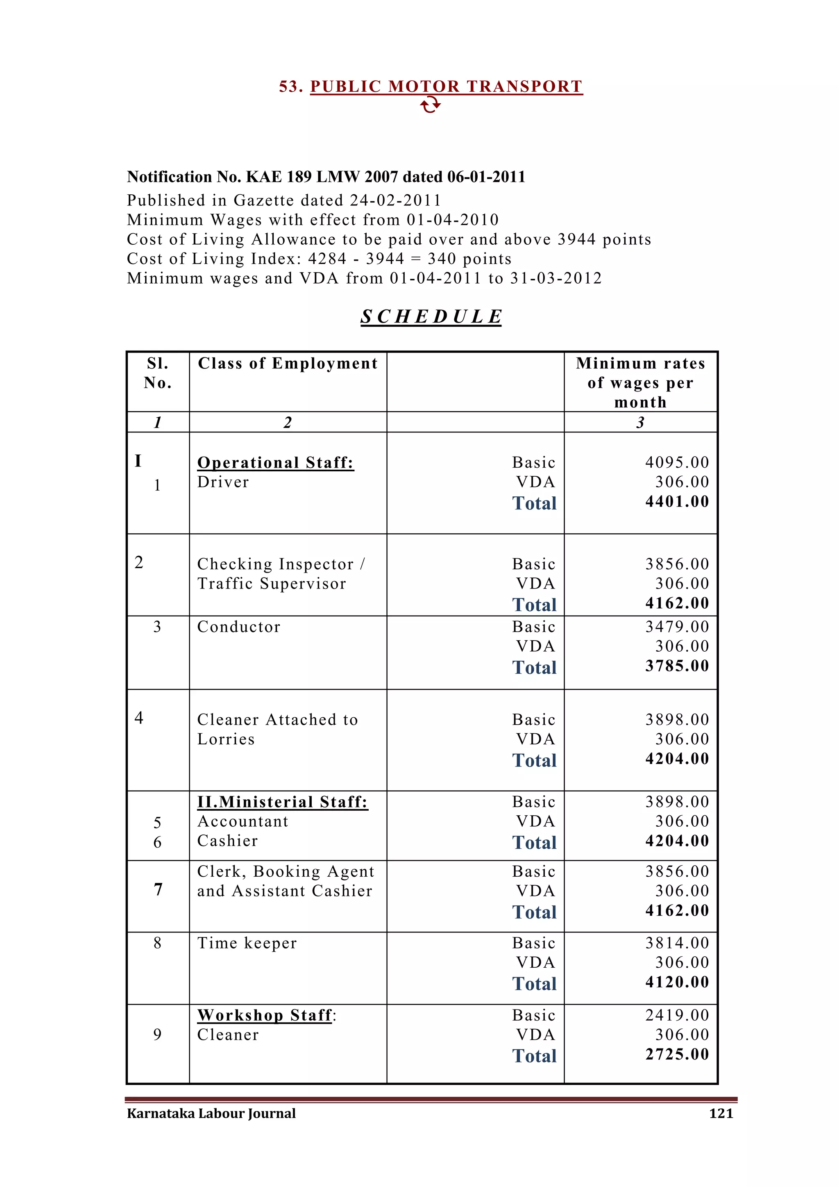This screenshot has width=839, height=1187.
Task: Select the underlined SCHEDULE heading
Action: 431,316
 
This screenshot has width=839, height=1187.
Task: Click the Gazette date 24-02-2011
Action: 395,200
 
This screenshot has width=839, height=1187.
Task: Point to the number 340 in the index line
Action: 442,259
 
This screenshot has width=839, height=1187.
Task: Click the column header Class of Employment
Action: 288,364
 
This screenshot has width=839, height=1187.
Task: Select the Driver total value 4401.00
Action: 677,501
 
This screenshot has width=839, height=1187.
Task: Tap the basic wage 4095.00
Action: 677,462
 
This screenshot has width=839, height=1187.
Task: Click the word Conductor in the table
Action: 239,627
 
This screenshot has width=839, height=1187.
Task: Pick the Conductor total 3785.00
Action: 677,666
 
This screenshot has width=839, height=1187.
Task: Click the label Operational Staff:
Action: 275,462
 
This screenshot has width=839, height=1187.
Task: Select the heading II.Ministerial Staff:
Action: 283,802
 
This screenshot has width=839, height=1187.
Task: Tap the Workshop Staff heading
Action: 265,1015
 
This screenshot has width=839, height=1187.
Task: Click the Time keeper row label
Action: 247,943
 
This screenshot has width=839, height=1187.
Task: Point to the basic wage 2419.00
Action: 677,1015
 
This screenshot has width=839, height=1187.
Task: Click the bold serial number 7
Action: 158,889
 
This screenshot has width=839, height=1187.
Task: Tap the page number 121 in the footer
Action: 721,1113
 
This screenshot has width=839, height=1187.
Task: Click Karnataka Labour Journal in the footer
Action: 211,1113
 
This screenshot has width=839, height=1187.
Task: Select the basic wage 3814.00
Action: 677,943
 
